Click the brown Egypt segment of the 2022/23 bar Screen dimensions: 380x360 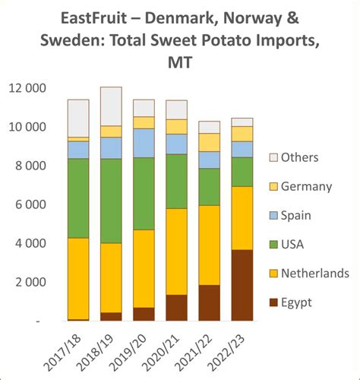[242, 285]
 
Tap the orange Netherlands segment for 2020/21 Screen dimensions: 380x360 [176, 252]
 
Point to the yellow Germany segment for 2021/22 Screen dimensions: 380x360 [209, 142]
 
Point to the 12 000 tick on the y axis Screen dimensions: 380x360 [28, 88]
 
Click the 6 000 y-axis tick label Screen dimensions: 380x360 [31, 204]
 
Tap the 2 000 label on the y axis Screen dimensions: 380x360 [31, 282]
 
